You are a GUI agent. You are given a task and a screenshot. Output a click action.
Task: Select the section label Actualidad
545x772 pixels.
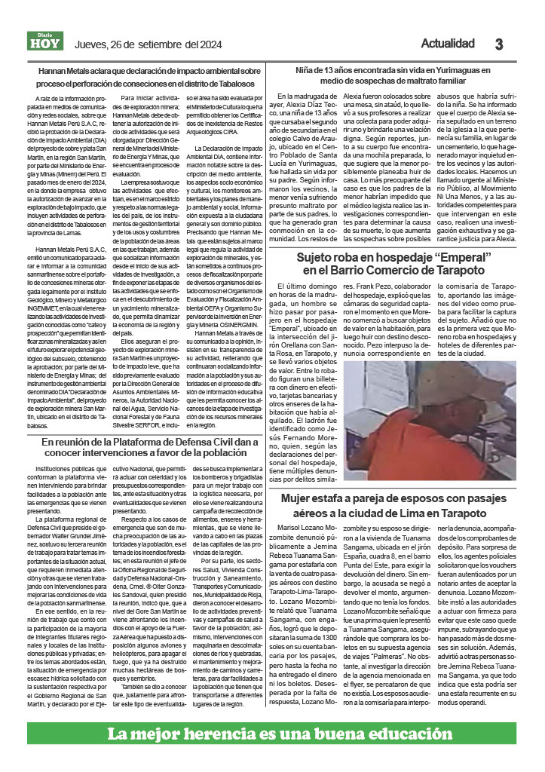tap(447, 43)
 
